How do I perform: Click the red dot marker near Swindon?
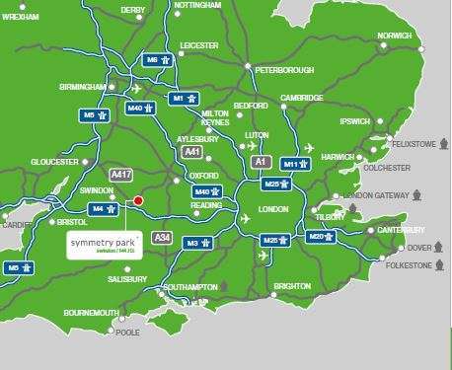pyautogui.click(x=138, y=200)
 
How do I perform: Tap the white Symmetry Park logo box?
pyautogui.click(x=102, y=242)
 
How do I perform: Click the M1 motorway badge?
pyautogui.click(x=184, y=99)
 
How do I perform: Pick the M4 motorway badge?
pyautogui.click(x=103, y=209)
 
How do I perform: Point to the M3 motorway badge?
pyautogui.click(x=199, y=243)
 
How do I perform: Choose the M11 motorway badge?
pyautogui.click(x=296, y=164)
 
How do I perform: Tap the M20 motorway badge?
pyautogui.click(x=322, y=237)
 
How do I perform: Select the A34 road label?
pyautogui.click(x=161, y=238)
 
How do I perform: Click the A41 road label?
pyautogui.click(x=192, y=152)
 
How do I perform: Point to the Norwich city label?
pyautogui.click(x=394, y=37)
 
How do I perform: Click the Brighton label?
pyautogui.click(x=291, y=286)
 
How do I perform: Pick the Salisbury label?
pyautogui.click(x=128, y=280)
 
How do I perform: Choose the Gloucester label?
pyautogui.click(x=54, y=161)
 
